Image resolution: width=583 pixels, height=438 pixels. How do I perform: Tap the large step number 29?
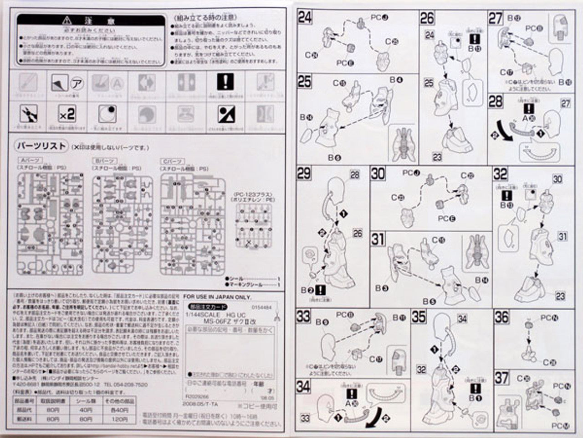304,173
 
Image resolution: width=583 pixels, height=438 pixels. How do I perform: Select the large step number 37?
501,378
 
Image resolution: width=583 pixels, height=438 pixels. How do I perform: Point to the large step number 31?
378,239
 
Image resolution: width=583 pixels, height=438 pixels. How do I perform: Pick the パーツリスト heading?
41,146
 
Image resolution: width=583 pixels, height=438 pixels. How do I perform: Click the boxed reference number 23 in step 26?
437,157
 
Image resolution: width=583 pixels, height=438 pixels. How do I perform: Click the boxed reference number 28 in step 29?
354,175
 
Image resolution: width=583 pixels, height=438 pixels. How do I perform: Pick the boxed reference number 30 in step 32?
557,179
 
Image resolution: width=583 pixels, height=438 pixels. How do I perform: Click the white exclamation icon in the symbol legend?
225,82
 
